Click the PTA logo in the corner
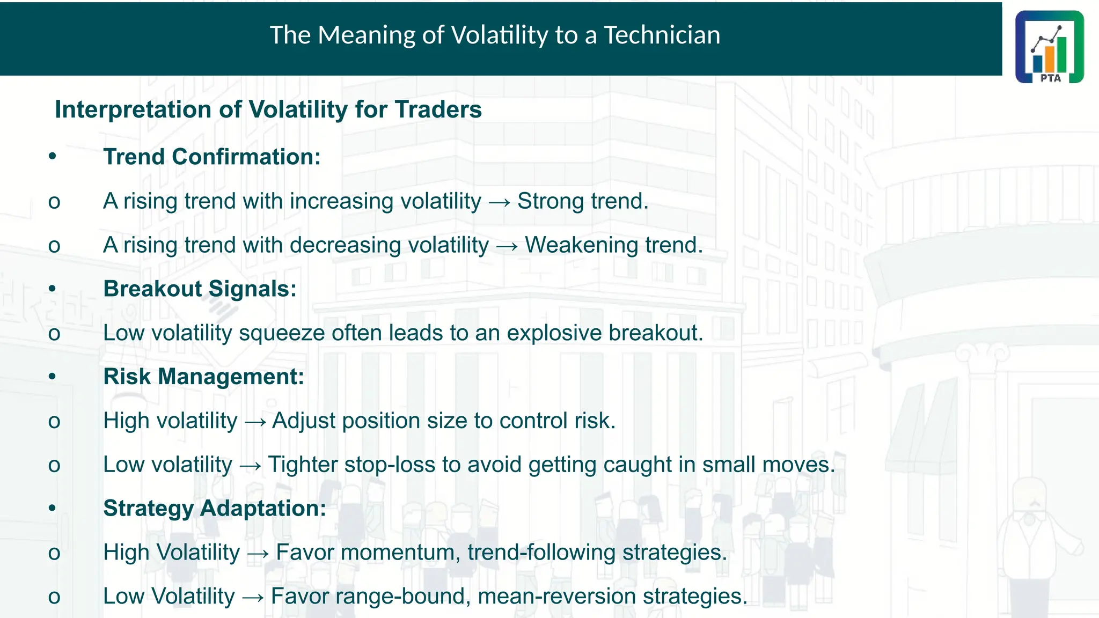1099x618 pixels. (1049, 47)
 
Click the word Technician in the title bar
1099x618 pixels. (662, 35)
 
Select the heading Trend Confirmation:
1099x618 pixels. (211, 157)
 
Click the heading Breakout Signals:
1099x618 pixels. (200, 289)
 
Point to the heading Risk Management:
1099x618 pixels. (203, 377)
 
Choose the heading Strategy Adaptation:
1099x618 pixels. (214, 509)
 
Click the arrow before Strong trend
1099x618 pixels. (500, 203)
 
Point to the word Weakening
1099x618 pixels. (582, 245)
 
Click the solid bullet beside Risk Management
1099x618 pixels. (52, 377)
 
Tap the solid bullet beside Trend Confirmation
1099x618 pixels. (52, 157)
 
